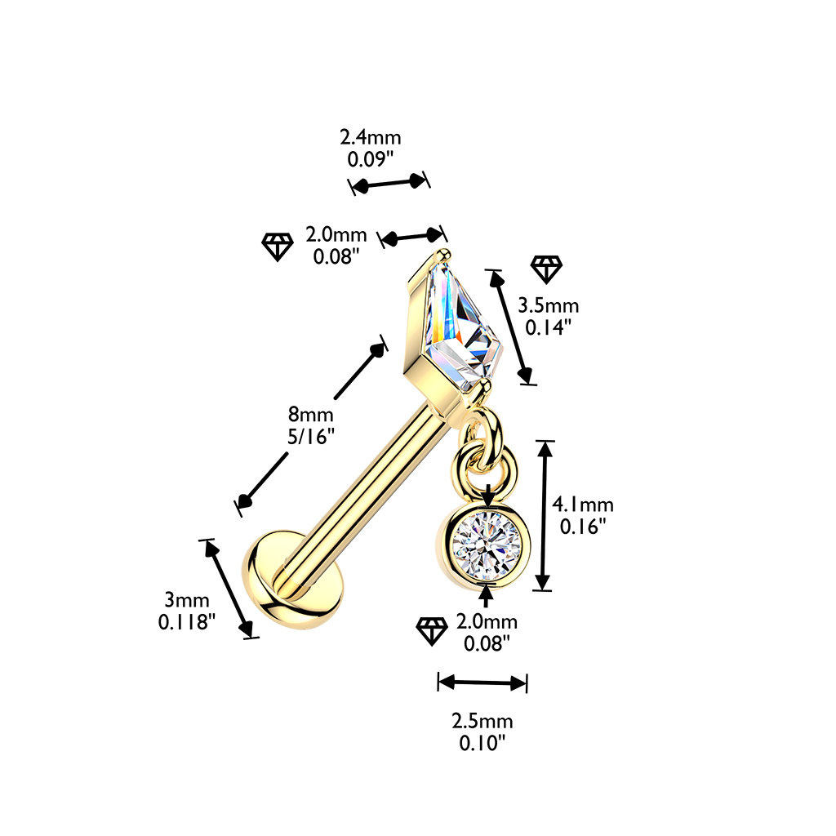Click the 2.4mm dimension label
click(x=370, y=137)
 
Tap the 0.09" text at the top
click(x=370, y=159)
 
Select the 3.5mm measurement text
click(x=548, y=305)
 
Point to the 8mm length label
click(x=311, y=414)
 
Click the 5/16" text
click(x=311, y=437)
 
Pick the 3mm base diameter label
click(x=187, y=600)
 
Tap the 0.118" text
click(x=187, y=621)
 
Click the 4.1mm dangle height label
click(x=583, y=505)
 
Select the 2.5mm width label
click(x=482, y=722)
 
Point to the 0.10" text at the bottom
click(x=482, y=743)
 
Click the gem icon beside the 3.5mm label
click(x=546, y=269)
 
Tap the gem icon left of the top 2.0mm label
click(x=278, y=247)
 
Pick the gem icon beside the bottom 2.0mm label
click(x=432, y=631)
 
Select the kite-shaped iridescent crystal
click(x=463, y=325)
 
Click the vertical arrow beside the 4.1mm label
click(x=543, y=516)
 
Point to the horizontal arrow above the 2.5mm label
click(x=482, y=682)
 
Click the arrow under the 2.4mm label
click(x=389, y=183)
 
